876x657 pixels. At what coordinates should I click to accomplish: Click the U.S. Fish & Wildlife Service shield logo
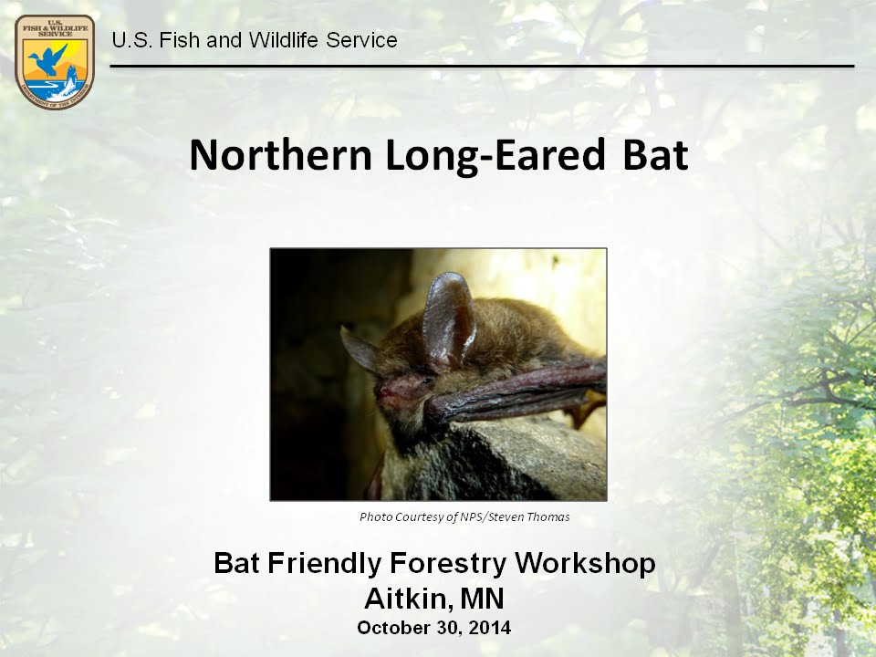(55, 61)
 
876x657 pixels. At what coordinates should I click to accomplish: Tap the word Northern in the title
(280, 155)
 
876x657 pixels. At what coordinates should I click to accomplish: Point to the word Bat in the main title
(654, 155)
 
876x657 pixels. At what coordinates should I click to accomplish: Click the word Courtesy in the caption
(417, 517)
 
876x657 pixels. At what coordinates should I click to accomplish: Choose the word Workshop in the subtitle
(586, 563)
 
